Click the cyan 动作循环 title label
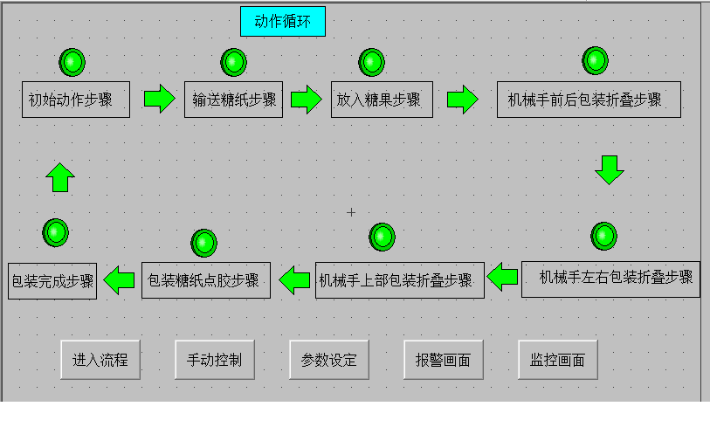tap(283, 21)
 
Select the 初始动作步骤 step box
tap(75, 100)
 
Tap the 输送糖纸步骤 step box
tap(234, 100)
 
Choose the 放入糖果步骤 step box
tap(382, 100)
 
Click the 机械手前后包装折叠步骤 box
tap(588, 100)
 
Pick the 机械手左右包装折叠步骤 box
tap(610, 279)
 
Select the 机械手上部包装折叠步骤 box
tap(399, 280)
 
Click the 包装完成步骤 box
tap(53, 281)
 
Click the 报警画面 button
tap(443, 360)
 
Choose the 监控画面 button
tap(557, 360)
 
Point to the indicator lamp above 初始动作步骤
tap(72, 62)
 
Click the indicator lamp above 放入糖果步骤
tap(372, 62)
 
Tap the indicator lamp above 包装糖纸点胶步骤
tap(203, 243)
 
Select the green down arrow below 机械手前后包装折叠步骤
tap(610, 169)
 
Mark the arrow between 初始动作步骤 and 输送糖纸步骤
tap(159, 98)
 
